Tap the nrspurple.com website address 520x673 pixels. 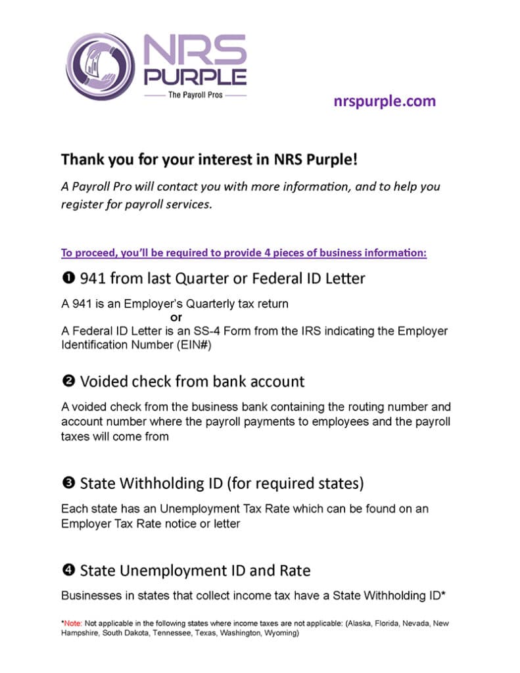point(385,101)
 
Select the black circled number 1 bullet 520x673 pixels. point(68,279)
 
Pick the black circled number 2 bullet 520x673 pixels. point(68,381)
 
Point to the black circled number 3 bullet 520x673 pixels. point(68,484)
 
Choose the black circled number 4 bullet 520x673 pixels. point(68,570)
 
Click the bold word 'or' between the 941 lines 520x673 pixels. point(176,317)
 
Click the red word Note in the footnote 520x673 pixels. point(73,623)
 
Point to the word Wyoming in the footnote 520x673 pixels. point(280,634)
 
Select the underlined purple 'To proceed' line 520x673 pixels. point(244,253)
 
